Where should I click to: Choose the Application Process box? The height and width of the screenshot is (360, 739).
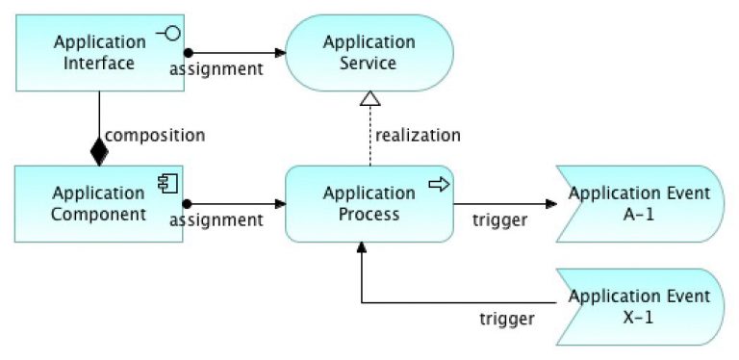click(369, 203)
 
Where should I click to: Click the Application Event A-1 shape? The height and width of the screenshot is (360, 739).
click(639, 203)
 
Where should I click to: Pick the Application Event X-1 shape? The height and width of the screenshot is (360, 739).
click(639, 305)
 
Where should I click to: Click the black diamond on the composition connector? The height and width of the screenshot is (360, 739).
click(99, 151)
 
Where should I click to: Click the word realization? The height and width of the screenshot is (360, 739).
click(418, 134)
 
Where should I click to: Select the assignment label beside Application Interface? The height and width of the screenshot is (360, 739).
click(217, 69)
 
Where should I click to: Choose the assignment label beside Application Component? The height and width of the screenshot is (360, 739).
click(217, 219)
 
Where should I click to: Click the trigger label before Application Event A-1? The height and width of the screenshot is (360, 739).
click(499, 220)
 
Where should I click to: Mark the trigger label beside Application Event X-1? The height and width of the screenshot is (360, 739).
click(507, 317)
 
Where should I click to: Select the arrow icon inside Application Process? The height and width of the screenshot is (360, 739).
click(439, 183)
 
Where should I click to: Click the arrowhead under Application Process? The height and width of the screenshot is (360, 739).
click(362, 248)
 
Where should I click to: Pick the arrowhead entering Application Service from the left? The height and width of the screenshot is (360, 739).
click(281, 53)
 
